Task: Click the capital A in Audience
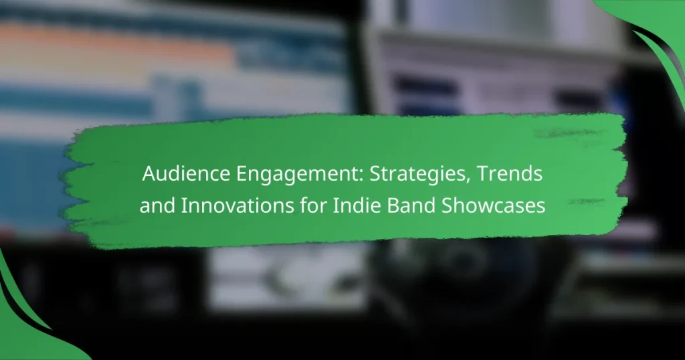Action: point(147,176)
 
